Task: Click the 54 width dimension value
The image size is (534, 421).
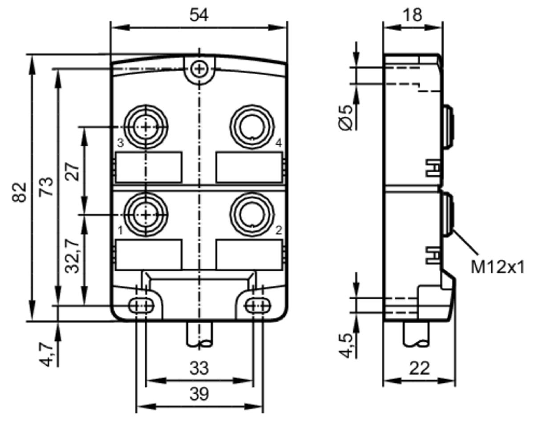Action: tap(199, 15)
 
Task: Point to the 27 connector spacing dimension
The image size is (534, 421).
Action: tap(73, 172)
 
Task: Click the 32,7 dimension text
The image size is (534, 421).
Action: tap(73, 256)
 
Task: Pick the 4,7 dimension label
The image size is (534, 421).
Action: tap(46, 354)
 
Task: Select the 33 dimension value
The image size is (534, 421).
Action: tap(199, 368)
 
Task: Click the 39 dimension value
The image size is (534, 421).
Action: tap(199, 394)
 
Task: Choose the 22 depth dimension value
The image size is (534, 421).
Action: tap(419, 368)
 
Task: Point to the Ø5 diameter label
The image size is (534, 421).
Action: tap(345, 117)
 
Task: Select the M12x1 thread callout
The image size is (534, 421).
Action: tap(497, 268)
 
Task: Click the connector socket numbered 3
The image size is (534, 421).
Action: tap(146, 127)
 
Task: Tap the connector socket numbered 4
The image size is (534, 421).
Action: tap(252, 127)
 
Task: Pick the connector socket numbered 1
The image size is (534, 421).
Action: tap(146, 215)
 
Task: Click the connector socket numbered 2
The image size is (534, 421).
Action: tap(252, 215)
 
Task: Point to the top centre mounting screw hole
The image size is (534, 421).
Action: tap(199, 69)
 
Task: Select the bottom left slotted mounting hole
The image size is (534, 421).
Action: tap(141, 306)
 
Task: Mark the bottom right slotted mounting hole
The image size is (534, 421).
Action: tap(258, 306)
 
